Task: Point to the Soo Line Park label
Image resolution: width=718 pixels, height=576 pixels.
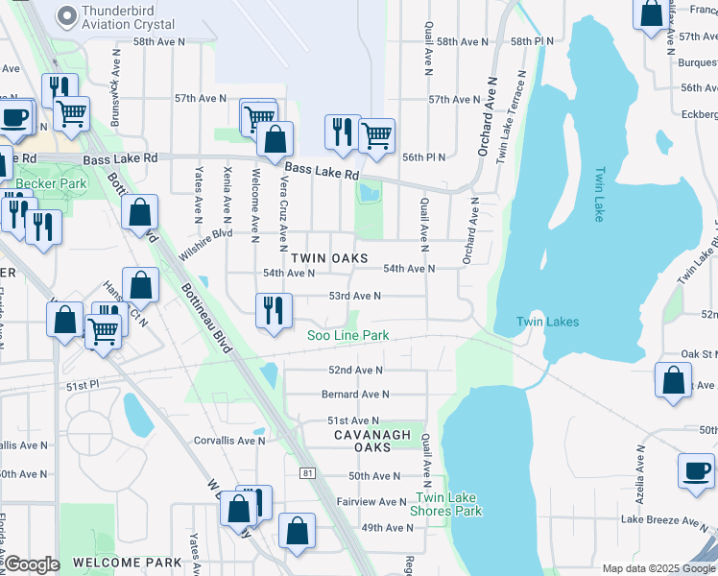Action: (347, 335)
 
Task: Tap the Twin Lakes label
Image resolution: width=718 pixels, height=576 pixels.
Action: (547, 322)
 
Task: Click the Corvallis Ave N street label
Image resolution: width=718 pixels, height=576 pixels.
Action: (227, 441)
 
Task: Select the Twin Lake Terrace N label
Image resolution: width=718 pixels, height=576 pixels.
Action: (510, 115)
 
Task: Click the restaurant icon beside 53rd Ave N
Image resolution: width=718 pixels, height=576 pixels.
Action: (274, 310)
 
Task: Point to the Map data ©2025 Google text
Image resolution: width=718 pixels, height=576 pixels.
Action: (658, 568)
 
